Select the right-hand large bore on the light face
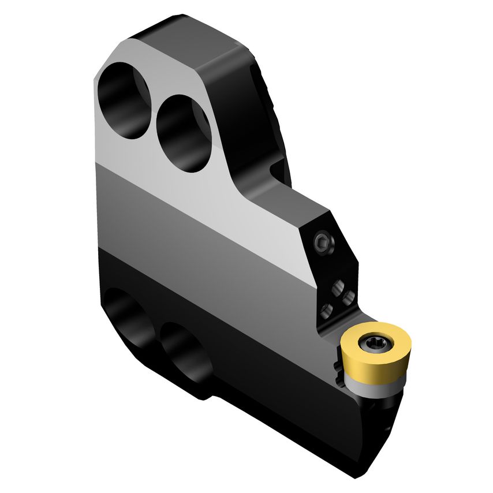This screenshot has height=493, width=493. click(x=184, y=133)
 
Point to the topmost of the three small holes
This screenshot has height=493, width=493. click(x=337, y=286)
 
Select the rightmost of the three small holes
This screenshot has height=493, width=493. click(x=348, y=298)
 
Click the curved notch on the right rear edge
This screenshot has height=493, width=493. click(x=277, y=167)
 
